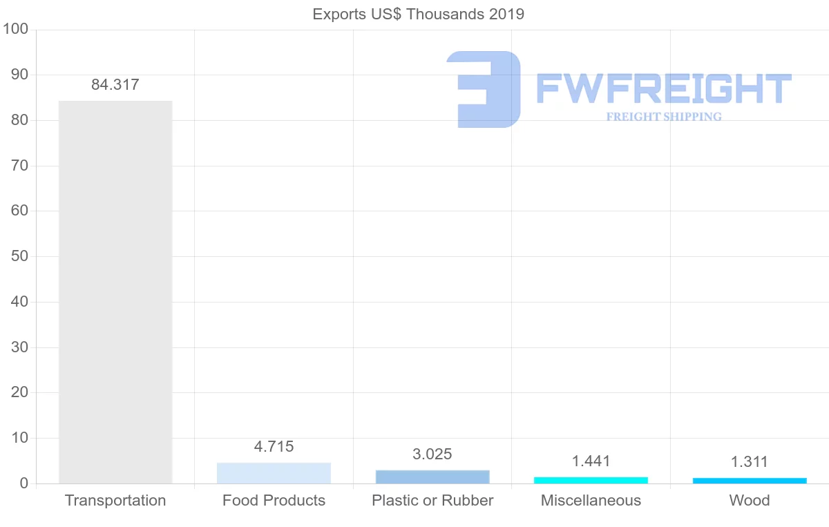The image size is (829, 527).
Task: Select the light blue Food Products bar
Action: click(x=274, y=473)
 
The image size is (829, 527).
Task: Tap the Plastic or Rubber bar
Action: click(x=432, y=477)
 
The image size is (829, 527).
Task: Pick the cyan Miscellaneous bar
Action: click(x=591, y=480)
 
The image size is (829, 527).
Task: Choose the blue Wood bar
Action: click(x=750, y=481)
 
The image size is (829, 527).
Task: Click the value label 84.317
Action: click(x=115, y=85)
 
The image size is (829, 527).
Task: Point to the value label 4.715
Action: click(x=274, y=447)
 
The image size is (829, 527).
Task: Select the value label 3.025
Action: click(x=432, y=454)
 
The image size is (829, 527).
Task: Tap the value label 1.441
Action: click(x=591, y=461)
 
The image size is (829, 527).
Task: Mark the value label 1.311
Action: click(x=750, y=462)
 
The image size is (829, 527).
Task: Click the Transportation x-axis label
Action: click(x=115, y=501)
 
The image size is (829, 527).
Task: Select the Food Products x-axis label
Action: click(x=274, y=501)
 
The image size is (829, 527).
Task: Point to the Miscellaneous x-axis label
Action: click(x=591, y=501)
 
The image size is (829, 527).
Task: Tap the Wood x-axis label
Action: click(x=750, y=501)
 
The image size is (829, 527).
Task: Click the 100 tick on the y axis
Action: click(x=15, y=30)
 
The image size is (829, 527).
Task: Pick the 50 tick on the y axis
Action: click(x=19, y=257)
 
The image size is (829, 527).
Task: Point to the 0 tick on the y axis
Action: click(x=24, y=483)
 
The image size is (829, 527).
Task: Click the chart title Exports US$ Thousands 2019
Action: click(x=419, y=14)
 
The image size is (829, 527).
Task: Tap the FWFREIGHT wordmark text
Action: click(x=664, y=89)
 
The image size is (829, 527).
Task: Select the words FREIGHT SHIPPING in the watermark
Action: click(x=664, y=117)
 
